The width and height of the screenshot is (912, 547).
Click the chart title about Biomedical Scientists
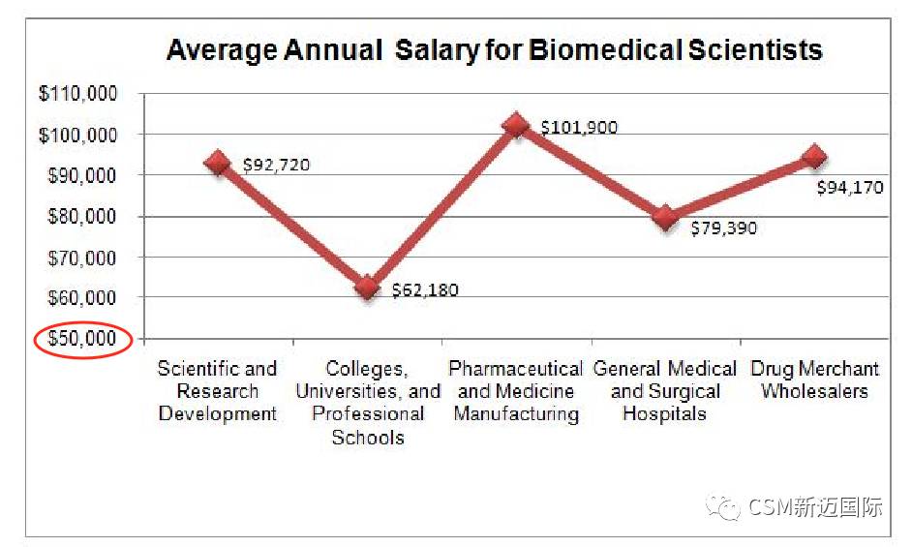tap(494, 50)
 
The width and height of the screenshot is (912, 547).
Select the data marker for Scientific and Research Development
tap(218, 163)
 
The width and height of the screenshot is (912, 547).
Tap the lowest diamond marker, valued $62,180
tap(367, 288)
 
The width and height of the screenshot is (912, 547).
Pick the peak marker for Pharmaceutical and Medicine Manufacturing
tap(516, 125)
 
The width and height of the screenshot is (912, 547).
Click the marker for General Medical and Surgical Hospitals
tap(665, 217)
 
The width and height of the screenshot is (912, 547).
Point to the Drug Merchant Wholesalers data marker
tap(814, 157)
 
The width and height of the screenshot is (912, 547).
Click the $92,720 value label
tap(276, 165)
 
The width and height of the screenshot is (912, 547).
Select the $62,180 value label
tap(425, 289)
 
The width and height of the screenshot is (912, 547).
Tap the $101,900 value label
tap(578, 127)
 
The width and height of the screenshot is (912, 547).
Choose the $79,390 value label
tap(723, 228)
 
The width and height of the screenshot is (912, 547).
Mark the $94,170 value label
tap(850, 187)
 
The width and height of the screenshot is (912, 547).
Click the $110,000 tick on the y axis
tap(77, 94)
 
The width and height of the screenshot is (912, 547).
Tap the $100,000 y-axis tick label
tap(77, 136)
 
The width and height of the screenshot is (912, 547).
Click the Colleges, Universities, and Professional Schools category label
tap(367, 403)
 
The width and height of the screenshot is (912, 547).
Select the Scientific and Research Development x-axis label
tap(218, 391)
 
